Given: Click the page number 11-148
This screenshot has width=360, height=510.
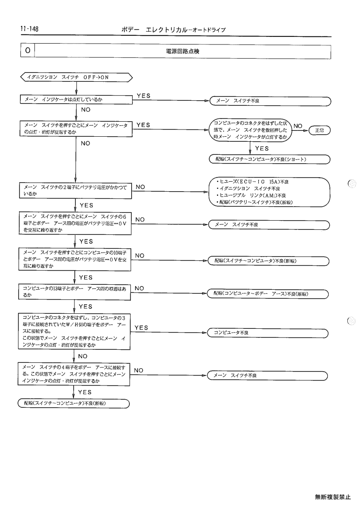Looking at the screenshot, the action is pos(29,29).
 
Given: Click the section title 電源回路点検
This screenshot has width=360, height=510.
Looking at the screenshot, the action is pos(182,51).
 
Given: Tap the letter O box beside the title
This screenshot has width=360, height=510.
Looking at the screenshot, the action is pos(28,50).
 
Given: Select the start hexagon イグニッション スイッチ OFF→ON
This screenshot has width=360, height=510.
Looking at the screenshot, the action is pos(76,77).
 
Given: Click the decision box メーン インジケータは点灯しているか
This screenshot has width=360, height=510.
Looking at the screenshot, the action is pos(76,99).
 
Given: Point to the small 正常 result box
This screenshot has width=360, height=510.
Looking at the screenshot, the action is pos(319,130).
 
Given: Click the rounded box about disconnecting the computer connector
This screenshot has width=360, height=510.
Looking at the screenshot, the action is pos(250,130).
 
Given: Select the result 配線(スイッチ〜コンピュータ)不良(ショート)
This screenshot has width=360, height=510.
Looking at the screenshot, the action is pos(269,159).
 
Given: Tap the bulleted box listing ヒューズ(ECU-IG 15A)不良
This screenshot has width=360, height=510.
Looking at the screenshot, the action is pos(269,192).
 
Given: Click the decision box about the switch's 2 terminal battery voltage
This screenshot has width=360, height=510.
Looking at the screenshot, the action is pos(75,191).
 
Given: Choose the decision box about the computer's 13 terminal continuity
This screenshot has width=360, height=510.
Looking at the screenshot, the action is pos(74,292).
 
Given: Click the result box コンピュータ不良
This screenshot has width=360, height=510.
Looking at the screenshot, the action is pos(268,333).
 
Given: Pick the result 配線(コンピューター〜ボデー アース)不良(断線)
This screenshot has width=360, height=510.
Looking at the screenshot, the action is pos(268,294).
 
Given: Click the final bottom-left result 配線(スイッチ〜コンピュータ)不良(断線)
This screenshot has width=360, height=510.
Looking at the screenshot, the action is pos(74,404).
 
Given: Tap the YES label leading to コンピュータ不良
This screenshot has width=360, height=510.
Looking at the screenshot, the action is pos(142,328).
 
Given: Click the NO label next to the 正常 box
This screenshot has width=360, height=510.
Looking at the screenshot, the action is pos(298,126).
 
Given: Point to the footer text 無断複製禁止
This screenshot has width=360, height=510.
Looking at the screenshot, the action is pos(333,497).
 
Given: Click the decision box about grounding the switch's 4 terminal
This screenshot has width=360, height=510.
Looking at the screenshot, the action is pos(74,374).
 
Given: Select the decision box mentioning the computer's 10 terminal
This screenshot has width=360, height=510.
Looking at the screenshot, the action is pos(75,259).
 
